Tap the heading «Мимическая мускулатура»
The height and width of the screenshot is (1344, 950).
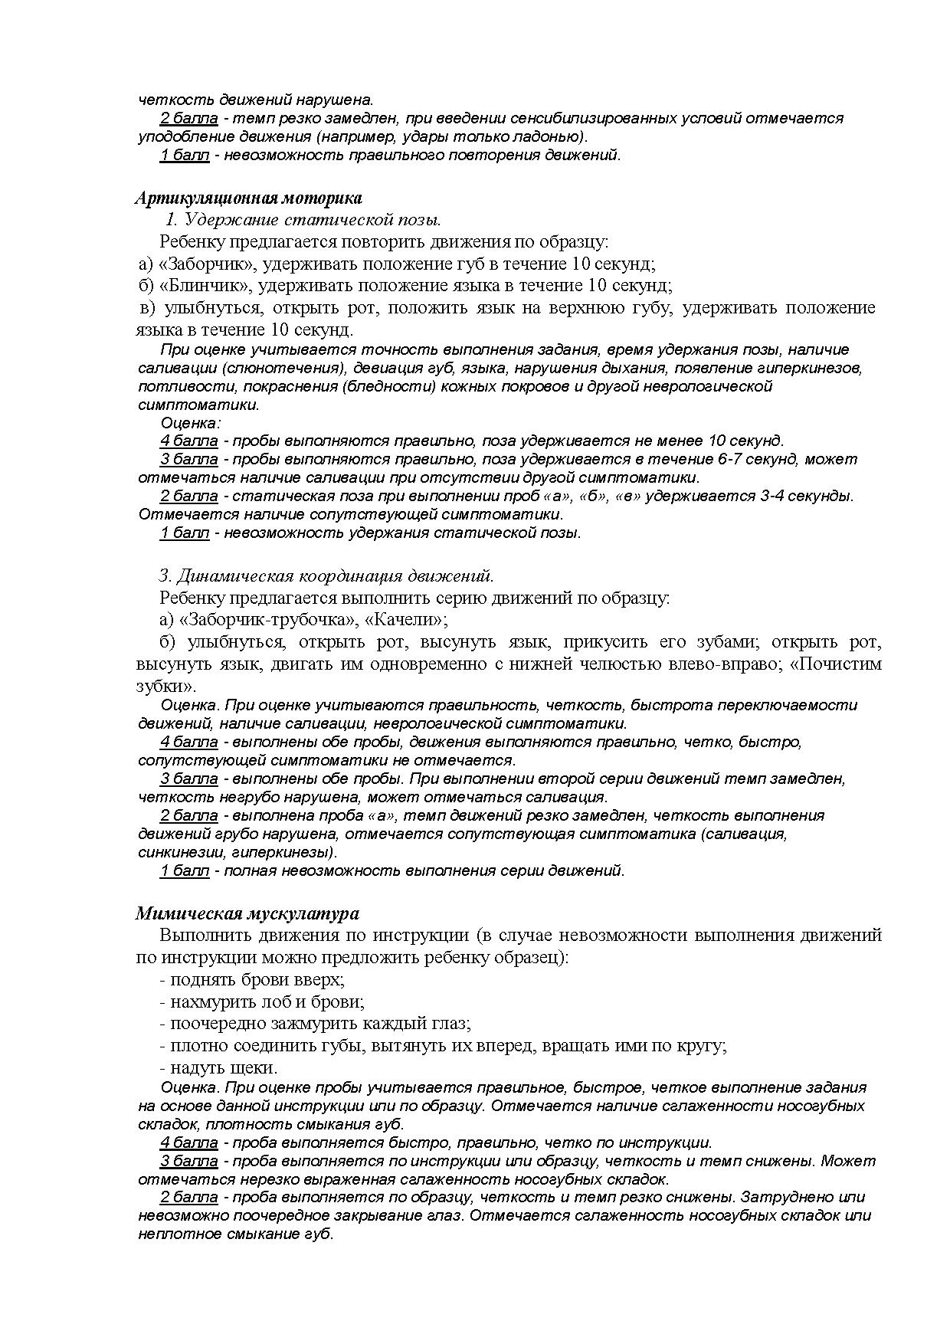(x=247, y=913)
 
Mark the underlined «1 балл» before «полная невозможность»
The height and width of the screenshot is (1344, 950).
(x=185, y=870)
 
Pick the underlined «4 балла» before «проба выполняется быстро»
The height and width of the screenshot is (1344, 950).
(x=189, y=1142)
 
